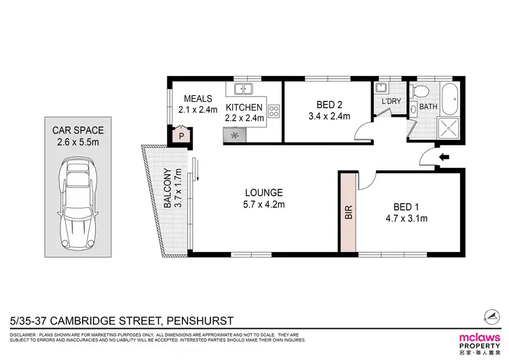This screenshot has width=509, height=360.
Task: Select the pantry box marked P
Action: [x=181, y=137]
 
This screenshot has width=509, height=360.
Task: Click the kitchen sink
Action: [x=244, y=88]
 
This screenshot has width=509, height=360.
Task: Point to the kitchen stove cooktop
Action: [x=274, y=111]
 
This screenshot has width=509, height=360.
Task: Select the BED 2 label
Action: [x=333, y=105]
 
